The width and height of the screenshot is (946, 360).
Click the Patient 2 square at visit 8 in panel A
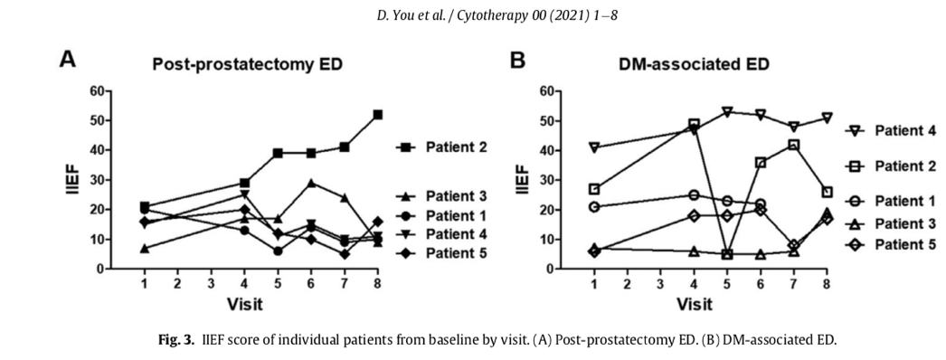point(378,115)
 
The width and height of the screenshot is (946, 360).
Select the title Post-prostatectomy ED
point(248,64)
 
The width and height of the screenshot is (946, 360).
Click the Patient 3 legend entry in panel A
point(441,196)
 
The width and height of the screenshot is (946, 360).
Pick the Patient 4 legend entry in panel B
point(891,130)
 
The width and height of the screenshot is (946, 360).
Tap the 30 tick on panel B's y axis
point(545,180)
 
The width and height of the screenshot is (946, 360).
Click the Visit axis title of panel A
point(244,304)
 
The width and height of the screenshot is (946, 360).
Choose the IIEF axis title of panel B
point(522,179)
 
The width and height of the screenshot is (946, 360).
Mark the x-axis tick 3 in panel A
point(211,282)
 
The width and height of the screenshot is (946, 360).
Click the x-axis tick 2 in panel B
point(628,282)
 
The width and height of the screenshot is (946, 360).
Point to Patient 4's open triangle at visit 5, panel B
point(727,112)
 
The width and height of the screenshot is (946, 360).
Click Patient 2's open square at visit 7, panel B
point(794,145)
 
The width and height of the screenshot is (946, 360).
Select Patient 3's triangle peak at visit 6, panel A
point(311,182)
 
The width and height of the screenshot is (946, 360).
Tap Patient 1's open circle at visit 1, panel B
point(594,207)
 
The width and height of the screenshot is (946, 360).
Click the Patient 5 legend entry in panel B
point(891,244)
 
